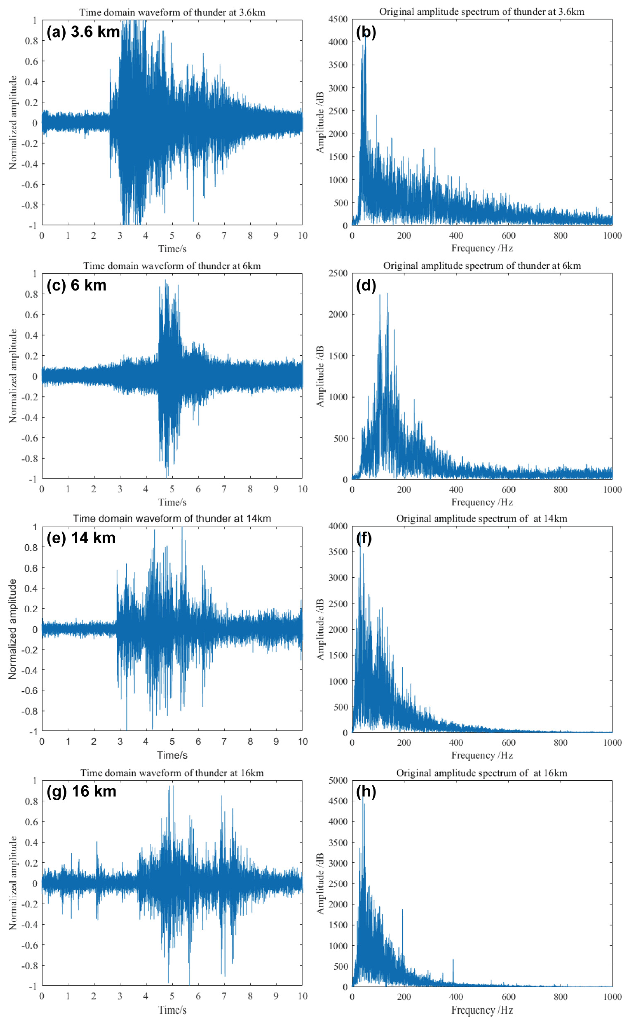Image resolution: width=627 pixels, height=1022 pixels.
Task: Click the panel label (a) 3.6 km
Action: [83, 32]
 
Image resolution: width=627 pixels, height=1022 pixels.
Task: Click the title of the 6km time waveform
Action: [172, 266]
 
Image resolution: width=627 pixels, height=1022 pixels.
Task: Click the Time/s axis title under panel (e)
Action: [172, 755]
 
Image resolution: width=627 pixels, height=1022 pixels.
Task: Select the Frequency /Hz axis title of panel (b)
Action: [482, 248]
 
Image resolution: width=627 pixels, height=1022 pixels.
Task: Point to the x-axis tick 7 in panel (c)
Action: [224, 489]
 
